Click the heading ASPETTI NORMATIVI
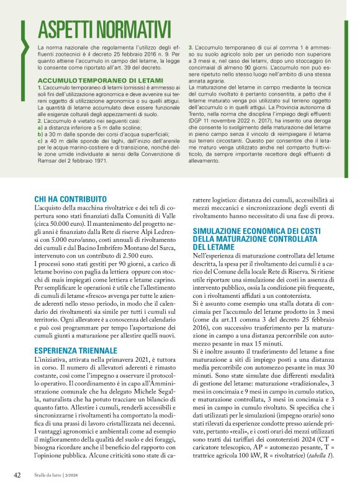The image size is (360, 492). pos(104,29)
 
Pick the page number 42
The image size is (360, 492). pos(17,475)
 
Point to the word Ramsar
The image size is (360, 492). pos(50,160)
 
